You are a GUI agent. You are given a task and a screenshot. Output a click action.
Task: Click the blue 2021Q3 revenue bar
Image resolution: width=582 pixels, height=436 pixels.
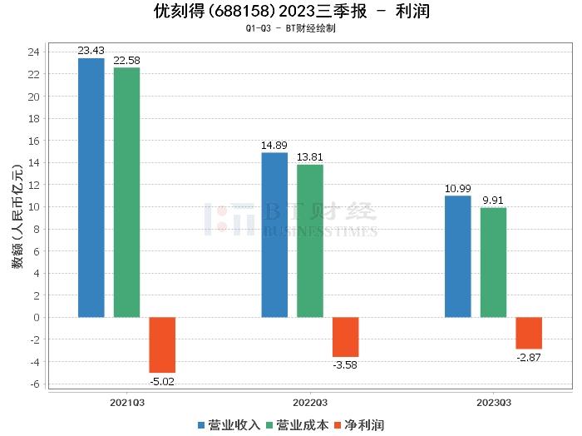click(91, 187)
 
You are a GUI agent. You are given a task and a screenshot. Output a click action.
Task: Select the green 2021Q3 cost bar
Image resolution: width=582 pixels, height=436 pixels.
click(126, 192)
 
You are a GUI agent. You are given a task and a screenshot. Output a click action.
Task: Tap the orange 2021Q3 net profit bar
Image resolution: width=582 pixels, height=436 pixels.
click(162, 344)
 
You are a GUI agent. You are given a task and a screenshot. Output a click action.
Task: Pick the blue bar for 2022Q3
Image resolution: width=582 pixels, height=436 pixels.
click(274, 235)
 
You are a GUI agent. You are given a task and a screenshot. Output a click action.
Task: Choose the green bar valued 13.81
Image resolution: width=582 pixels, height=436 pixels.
click(310, 240)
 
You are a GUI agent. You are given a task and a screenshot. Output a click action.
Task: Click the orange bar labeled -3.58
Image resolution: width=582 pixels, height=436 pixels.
click(346, 337)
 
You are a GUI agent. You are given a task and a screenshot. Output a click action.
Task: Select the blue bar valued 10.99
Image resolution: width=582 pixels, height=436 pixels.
click(458, 256)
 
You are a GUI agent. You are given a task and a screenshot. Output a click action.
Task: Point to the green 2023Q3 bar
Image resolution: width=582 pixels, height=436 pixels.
click(493, 262)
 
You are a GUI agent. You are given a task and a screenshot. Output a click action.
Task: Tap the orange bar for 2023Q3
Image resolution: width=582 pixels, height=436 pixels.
click(529, 333)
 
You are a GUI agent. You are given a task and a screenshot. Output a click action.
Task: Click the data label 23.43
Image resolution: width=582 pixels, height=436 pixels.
click(91, 52)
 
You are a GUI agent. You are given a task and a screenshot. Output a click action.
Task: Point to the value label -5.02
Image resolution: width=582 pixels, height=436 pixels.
click(162, 382)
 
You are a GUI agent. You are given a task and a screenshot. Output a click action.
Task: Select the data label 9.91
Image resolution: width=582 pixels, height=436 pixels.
click(493, 201)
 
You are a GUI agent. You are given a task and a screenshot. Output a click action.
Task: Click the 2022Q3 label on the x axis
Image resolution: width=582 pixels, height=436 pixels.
click(310, 402)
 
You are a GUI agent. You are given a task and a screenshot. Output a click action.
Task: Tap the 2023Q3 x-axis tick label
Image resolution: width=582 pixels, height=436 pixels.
click(493, 402)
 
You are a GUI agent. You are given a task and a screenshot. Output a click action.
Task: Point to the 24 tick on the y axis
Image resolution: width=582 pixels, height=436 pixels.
click(34, 52)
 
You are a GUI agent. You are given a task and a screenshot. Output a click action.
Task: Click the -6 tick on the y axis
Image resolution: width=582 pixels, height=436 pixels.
click(34, 384)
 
